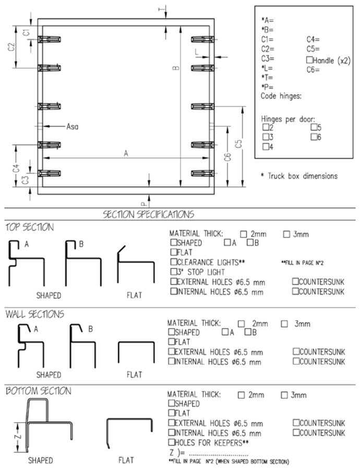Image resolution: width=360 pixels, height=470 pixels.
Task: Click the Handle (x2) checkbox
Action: coord(309,60)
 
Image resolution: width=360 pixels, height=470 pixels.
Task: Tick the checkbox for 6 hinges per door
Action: coord(314,137)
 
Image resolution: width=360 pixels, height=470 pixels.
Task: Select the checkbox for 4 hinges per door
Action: coord(266,147)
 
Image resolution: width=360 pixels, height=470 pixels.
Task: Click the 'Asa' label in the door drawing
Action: coord(72,126)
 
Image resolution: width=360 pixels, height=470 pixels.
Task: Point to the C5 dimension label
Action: coord(238,144)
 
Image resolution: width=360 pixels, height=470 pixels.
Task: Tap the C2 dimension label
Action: coord(11,47)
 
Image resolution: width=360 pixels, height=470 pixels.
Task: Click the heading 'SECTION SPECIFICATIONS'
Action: coord(148,214)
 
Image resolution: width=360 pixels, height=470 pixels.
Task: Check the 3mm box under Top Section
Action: coord(286,234)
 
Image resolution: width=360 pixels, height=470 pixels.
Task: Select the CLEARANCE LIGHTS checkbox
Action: coord(174,262)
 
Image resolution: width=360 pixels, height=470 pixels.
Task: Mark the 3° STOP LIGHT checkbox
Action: coord(174,272)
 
